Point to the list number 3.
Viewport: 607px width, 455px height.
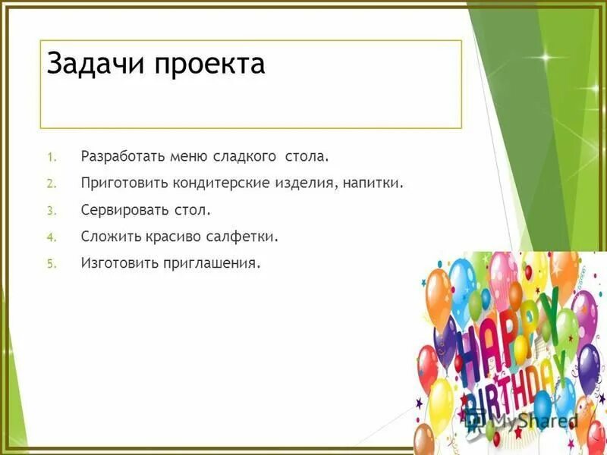[x=50, y=211]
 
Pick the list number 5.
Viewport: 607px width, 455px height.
[x=50, y=264]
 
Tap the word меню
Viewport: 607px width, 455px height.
[x=187, y=157]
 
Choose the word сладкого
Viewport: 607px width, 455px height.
[x=244, y=157]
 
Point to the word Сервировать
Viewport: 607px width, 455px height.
[x=122, y=210]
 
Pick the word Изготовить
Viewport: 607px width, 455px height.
[x=119, y=263]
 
